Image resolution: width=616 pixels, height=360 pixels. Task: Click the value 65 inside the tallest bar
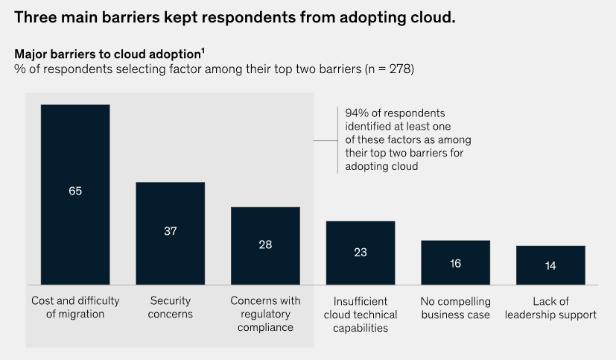pos(75,191)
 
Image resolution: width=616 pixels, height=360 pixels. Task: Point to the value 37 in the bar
pos(170,231)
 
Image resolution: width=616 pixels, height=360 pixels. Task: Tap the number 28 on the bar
pos(265,244)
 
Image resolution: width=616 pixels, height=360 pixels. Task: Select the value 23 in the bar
pos(361,252)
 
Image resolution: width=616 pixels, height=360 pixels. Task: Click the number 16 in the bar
pos(455,262)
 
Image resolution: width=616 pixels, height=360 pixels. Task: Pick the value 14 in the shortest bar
pos(550,265)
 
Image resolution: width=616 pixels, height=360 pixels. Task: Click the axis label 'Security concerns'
pos(170,308)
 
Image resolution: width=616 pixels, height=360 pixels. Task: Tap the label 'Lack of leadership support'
pos(550,308)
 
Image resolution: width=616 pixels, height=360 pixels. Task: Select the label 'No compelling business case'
pos(455,308)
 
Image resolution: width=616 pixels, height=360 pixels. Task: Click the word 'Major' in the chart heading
pos(31,54)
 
